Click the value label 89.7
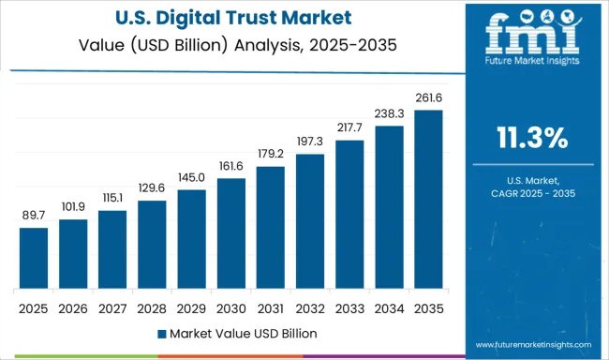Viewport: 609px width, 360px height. pyautogui.click(x=34, y=217)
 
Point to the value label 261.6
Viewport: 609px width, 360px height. pyautogui.click(x=427, y=97)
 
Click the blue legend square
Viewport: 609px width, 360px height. pyautogui.click(x=161, y=334)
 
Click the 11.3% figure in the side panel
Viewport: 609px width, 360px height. pyautogui.click(x=531, y=139)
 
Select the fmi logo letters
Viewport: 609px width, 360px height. pyautogui.click(x=530, y=37)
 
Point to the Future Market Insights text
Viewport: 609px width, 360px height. pyautogui.click(x=531, y=67)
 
